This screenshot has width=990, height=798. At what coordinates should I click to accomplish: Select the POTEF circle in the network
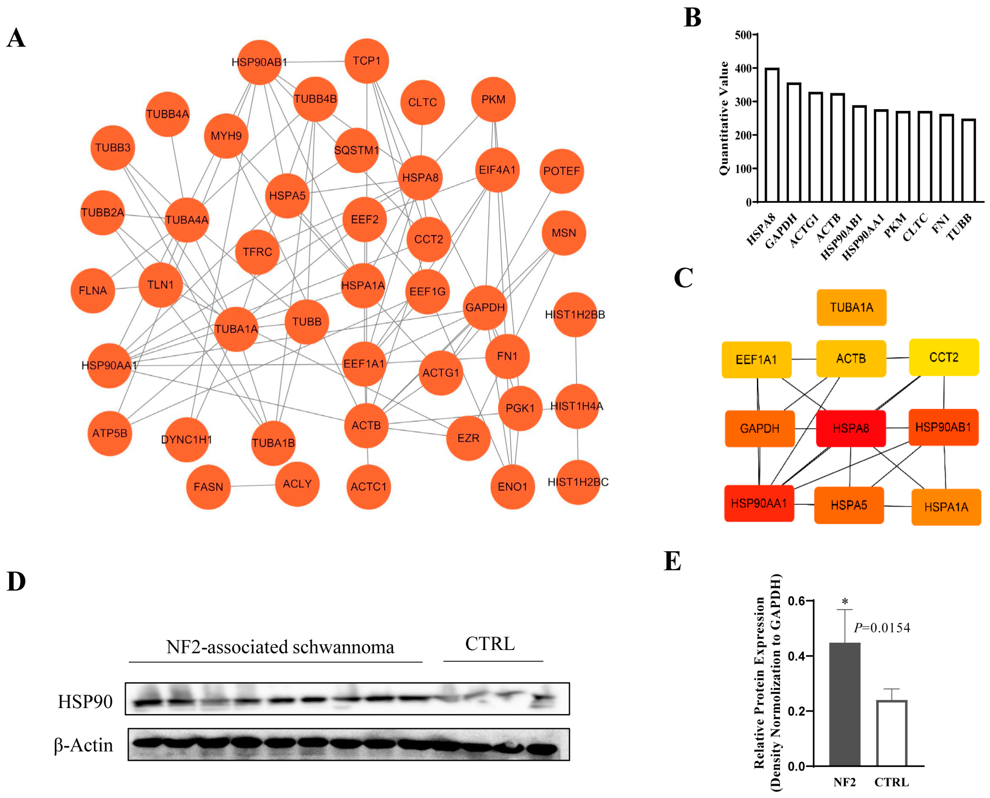pos(561,171)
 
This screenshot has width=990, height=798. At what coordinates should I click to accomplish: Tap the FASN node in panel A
pos(208,487)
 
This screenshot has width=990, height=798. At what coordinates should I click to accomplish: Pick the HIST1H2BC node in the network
pos(578,482)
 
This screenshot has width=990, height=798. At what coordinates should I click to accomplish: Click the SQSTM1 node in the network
pos(357,150)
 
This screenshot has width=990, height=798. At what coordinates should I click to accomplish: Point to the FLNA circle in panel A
pos(93,290)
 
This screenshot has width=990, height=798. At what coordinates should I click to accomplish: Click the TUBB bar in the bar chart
pos(968,161)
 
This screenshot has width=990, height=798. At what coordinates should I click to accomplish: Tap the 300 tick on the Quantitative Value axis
pos(743,102)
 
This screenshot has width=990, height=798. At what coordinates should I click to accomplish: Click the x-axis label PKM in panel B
pos(895,225)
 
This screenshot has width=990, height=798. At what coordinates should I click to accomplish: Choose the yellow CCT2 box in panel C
pos(944,357)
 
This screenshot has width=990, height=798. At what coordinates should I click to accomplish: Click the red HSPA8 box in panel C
pos(851,428)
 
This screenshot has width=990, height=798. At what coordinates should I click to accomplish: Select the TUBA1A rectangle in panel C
pos(851,307)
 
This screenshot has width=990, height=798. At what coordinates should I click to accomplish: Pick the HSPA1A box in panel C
pos(946,507)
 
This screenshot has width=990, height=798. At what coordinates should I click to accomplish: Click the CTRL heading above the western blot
pos(490,644)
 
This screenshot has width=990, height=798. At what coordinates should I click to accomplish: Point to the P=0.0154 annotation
pos(881,627)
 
